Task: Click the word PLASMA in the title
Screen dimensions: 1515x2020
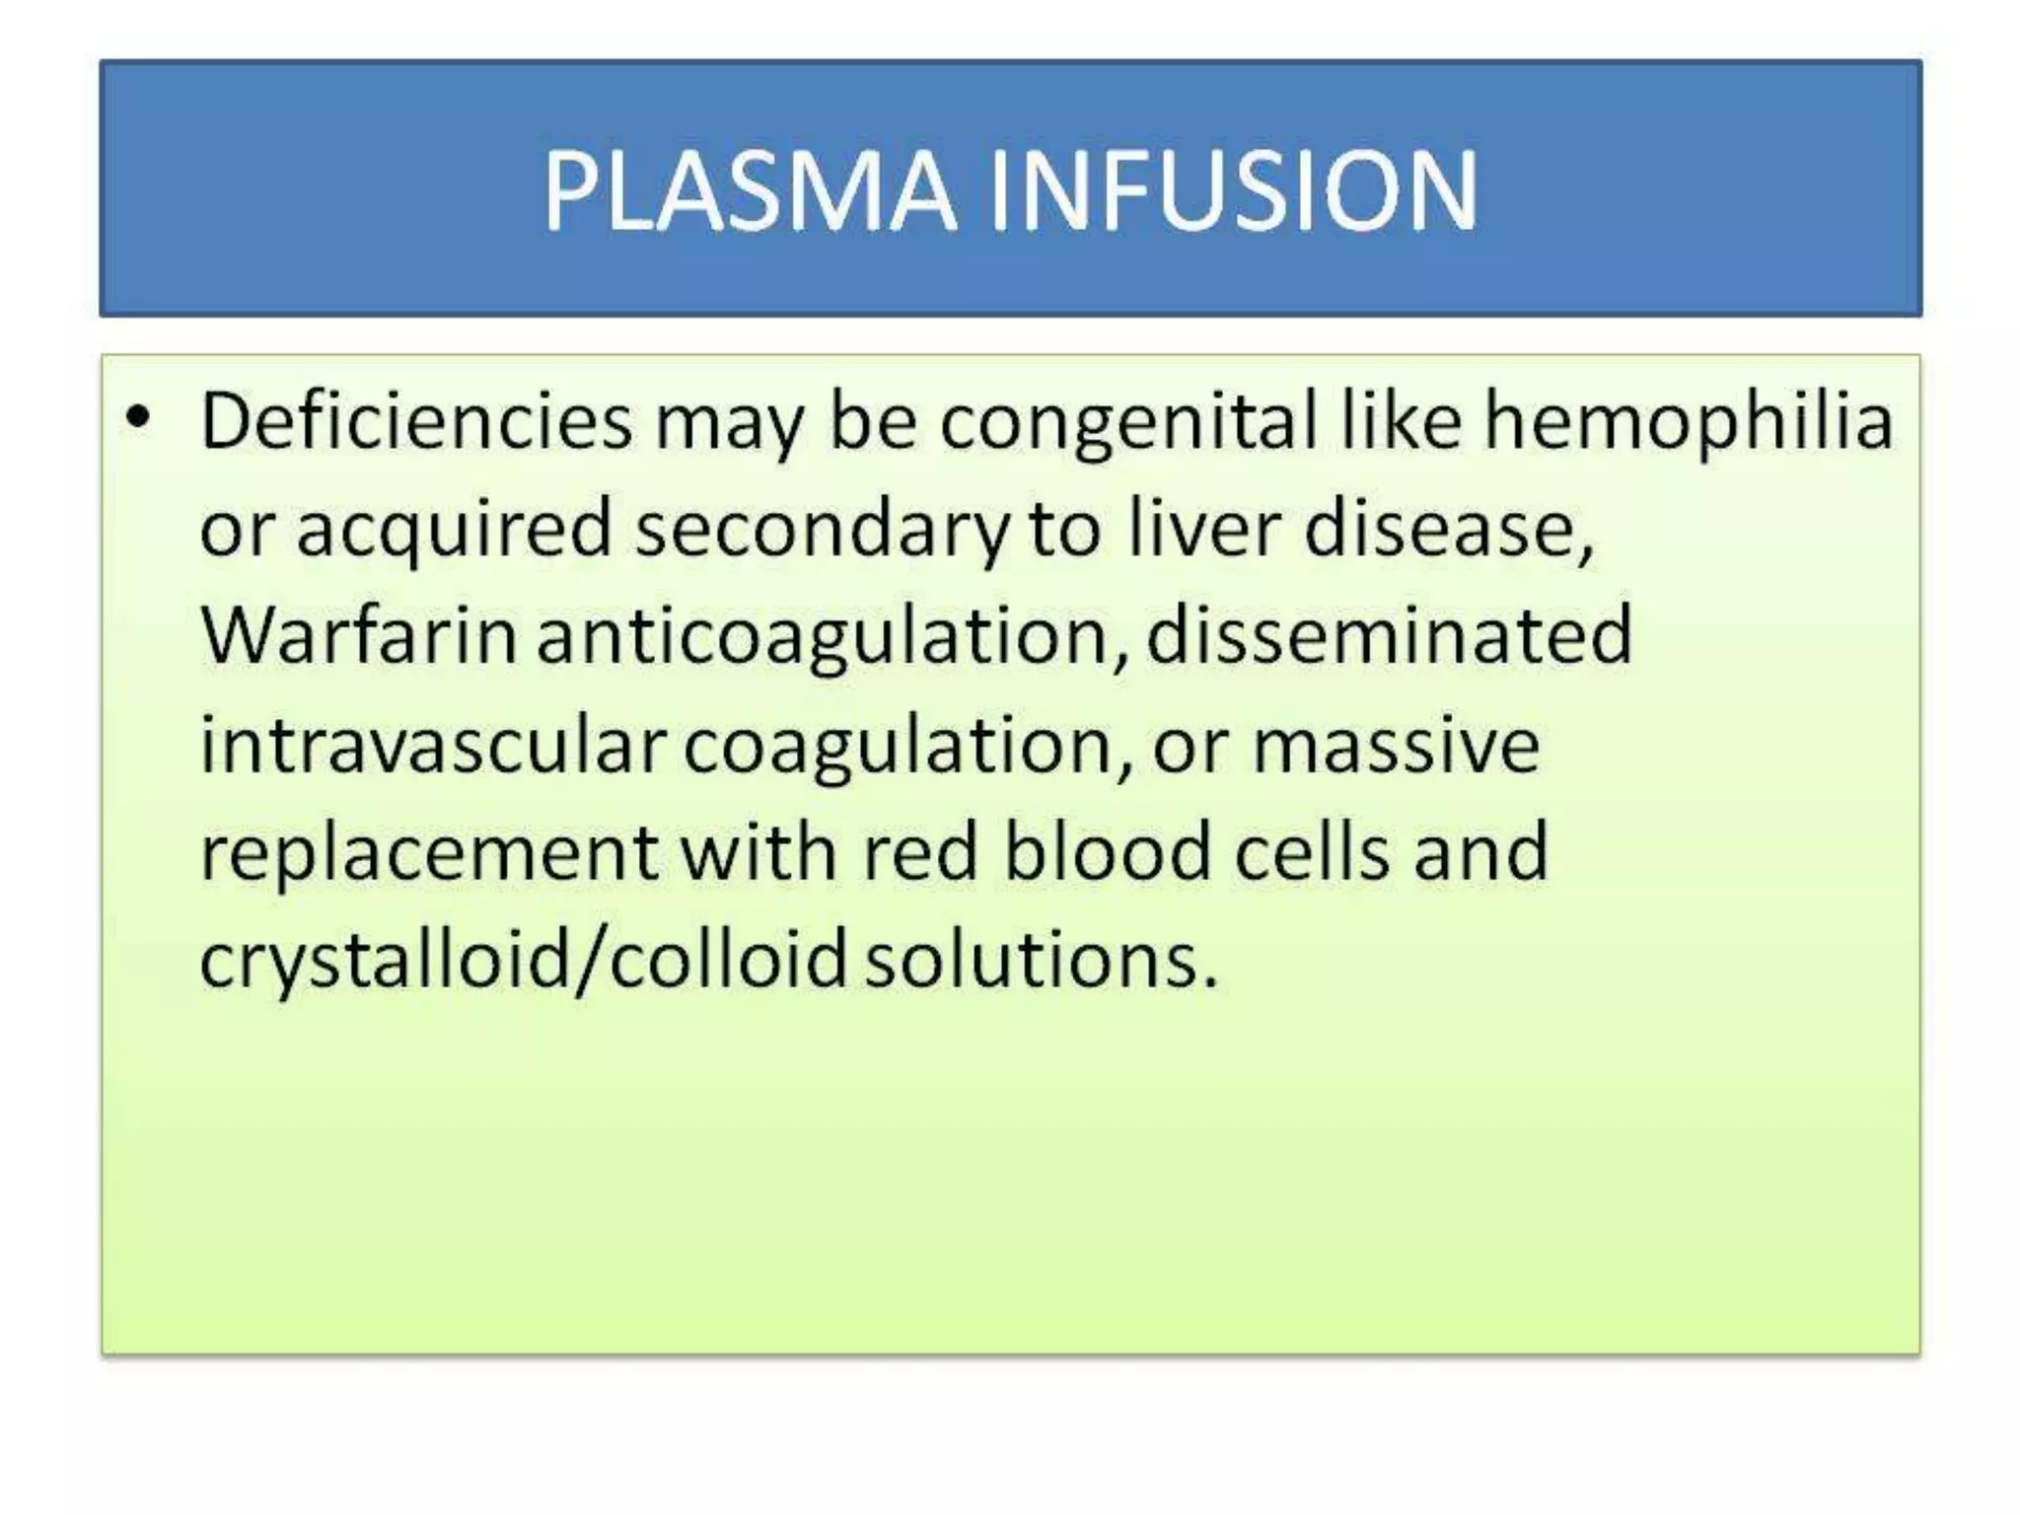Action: (750, 192)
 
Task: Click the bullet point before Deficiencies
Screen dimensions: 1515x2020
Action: (139, 418)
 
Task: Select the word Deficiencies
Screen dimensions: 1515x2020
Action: (415, 422)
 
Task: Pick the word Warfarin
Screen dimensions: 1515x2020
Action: (359, 636)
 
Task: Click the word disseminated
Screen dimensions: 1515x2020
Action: (1389, 636)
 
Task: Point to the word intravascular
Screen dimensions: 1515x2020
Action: (432, 746)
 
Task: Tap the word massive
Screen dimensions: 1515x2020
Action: (1396, 746)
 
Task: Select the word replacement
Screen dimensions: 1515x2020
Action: (429, 854)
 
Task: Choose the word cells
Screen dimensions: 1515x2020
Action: (1312, 852)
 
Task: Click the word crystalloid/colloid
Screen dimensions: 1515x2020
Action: (523, 961)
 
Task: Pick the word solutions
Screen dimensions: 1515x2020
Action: (1042, 961)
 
